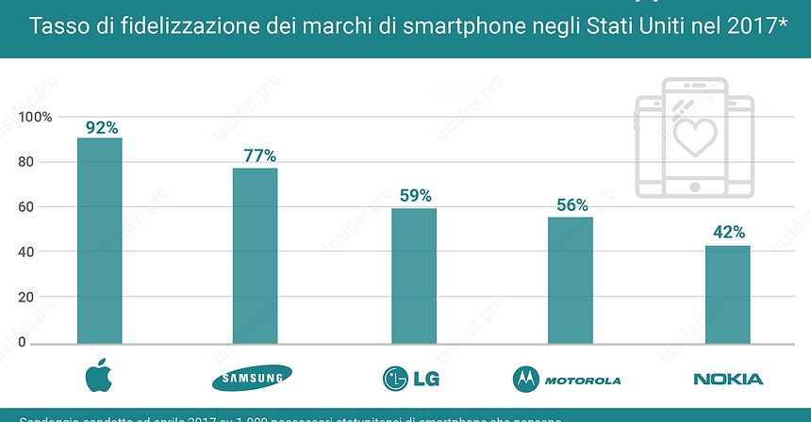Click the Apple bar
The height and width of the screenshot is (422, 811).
(99, 240)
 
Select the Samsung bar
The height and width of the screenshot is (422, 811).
(255, 255)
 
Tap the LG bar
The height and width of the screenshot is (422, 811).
(413, 275)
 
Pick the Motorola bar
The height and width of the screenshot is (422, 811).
(570, 279)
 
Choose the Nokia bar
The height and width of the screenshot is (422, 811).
(727, 294)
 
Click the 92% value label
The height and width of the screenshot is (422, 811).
(102, 128)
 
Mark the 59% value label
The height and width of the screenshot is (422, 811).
(415, 196)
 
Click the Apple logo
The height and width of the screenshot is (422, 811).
(98, 376)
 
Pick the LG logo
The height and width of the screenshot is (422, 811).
(410, 379)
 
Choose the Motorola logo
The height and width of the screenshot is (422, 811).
(567, 380)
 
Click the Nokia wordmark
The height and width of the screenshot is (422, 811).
(727, 379)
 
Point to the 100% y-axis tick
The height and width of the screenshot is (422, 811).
(43, 117)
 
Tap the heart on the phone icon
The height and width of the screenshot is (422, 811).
(695, 135)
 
